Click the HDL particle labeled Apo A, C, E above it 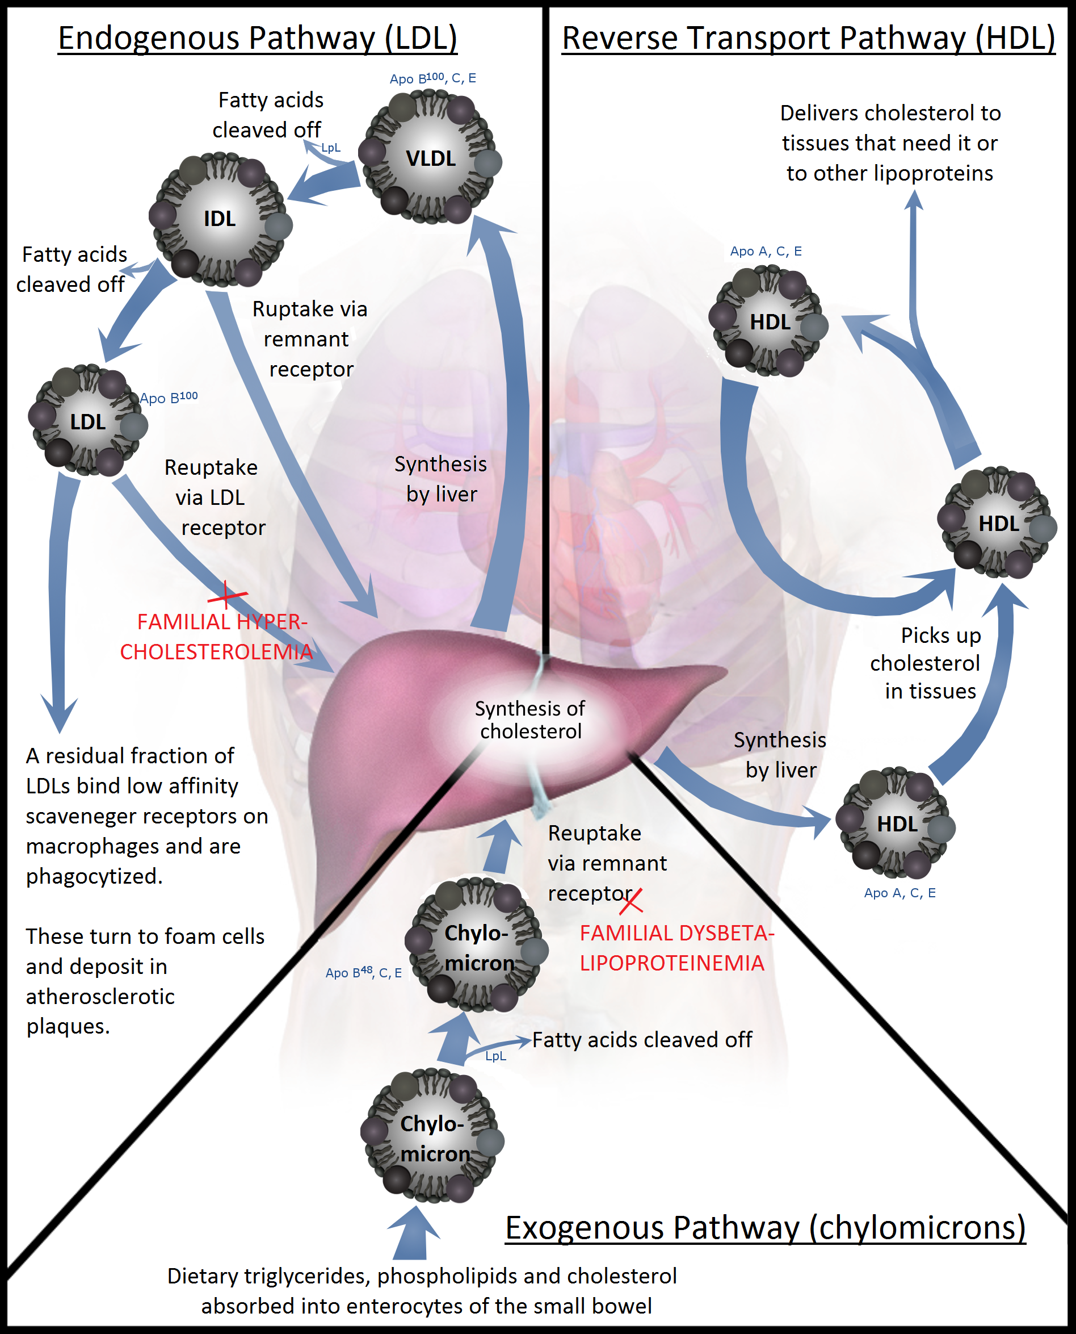(769, 321)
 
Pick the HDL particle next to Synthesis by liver (896, 823)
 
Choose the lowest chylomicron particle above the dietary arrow (432, 1139)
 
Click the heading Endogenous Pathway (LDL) (257, 38)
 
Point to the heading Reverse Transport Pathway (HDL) (808, 38)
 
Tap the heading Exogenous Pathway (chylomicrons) (765, 1227)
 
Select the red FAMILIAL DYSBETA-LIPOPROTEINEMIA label (676, 948)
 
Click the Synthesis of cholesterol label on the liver (530, 720)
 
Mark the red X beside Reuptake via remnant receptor (631, 901)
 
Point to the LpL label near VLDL (331, 148)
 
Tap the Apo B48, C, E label (363, 972)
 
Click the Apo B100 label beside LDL (169, 398)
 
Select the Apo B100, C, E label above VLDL (432, 78)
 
